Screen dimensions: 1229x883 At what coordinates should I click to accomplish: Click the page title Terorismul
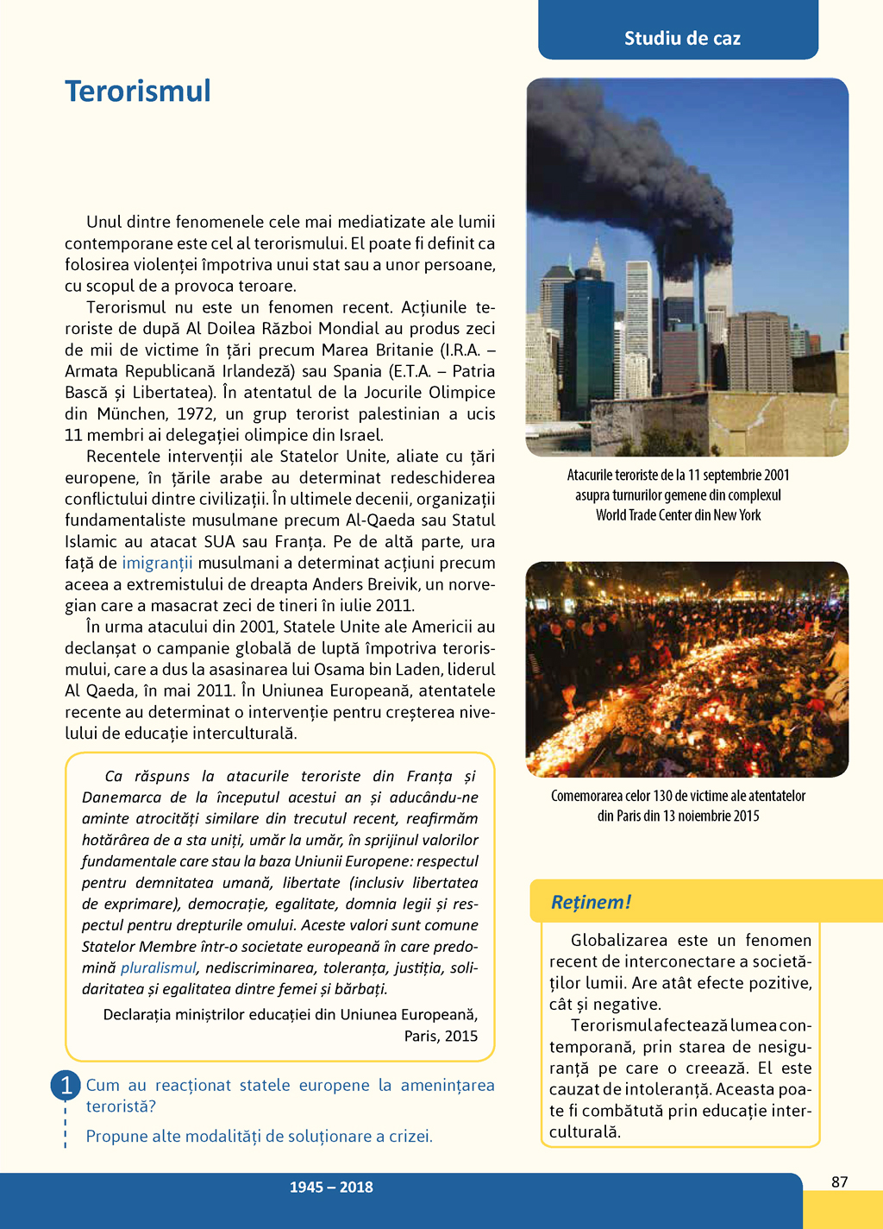coord(138,91)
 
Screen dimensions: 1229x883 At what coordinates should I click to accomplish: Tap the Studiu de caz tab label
coord(682,38)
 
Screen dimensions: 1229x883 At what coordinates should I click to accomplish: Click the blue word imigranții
coord(157,563)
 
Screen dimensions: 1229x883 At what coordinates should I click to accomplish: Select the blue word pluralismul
coord(158,967)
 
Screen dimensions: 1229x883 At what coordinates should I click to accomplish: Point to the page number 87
coord(839,1182)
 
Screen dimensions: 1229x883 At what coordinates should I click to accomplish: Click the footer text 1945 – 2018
coord(331,1187)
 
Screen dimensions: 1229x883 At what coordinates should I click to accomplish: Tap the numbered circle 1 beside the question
coord(66,1085)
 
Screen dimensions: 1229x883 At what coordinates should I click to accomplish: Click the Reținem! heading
coord(591,902)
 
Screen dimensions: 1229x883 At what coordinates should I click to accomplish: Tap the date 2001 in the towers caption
coord(774,475)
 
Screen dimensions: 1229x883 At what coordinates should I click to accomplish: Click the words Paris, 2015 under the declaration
coord(441,1036)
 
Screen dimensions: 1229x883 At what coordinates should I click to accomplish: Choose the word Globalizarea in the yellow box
coord(614,940)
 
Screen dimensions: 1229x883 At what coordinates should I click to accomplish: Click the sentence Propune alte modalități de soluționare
coord(259,1136)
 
